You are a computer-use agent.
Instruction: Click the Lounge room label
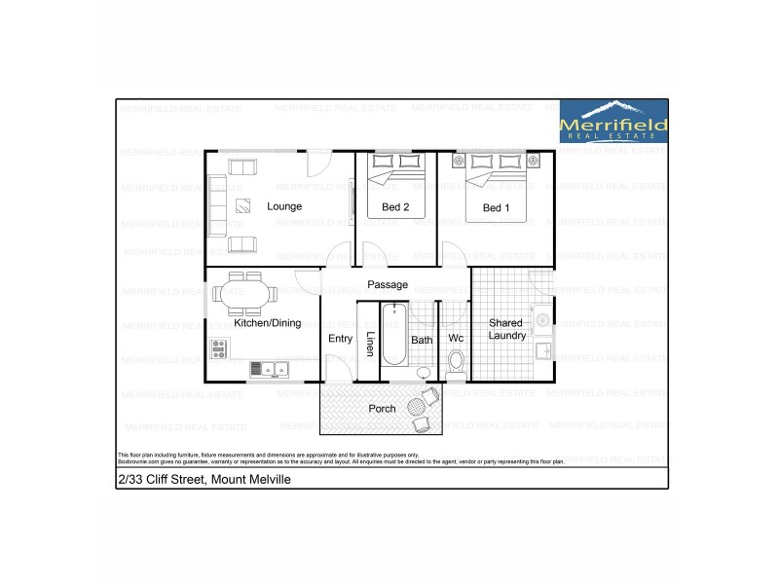coord(284,206)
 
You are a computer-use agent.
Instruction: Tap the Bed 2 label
coord(395,207)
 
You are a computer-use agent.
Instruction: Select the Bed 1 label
coord(496,207)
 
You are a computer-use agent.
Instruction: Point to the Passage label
coord(387,284)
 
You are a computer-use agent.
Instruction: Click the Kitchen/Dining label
coord(267,322)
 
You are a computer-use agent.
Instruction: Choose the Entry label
coord(340,339)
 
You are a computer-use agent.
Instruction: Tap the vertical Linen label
coord(370,345)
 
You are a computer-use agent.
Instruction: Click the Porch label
coord(382,408)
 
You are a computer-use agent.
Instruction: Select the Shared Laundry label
coord(506,329)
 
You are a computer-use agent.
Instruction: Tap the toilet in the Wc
coord(455,365)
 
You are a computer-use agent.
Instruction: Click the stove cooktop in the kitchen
coord(219,347)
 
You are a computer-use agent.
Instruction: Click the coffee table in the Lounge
coord(242,206)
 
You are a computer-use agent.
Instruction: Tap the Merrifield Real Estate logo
coord(613,122)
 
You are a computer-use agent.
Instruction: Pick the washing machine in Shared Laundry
coord(541,316)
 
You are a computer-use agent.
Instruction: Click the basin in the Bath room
coord(423,374)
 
